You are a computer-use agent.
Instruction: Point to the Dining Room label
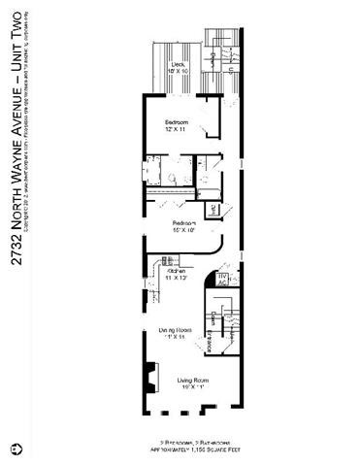coord(176,334)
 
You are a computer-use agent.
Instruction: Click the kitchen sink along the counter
coord(165,260)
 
